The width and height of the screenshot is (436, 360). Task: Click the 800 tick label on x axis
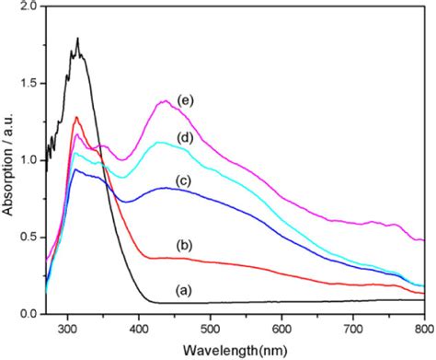click(x=421, y=327)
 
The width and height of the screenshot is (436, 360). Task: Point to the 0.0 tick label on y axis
click(x=31, y=314)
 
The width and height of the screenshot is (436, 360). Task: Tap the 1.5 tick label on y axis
click(x=31, y=83)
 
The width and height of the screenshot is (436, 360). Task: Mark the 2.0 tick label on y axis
click(x=31, y=6)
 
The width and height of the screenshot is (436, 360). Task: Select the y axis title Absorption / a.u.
click(x=8, y=161)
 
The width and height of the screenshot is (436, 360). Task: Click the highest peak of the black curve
click(x=78, y=39)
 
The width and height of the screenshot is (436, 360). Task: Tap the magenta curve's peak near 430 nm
click(x=165, y=100)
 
